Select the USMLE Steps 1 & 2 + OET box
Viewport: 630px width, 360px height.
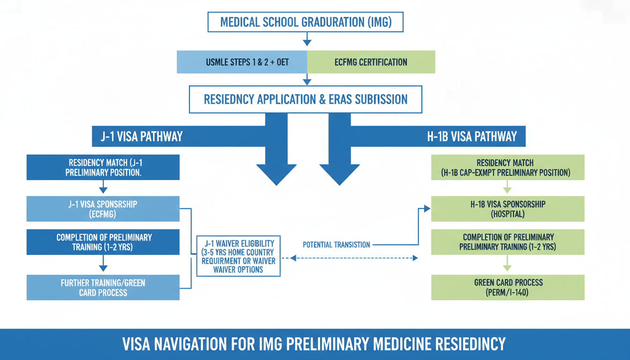coord(241,62)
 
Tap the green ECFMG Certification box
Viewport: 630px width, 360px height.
coord(371,62)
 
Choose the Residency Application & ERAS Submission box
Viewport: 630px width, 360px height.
coord(306,99)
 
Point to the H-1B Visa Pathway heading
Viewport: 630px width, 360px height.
coord(472,136)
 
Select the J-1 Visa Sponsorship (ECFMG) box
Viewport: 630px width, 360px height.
coord(103,209)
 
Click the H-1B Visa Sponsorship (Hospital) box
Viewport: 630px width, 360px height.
coord(508,209)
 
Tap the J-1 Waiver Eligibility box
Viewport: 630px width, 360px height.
coord(238,256)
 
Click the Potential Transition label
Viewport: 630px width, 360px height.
coord(336,245)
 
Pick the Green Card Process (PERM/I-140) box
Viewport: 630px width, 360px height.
coord(508,287)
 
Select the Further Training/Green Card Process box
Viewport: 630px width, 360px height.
coord(103,287)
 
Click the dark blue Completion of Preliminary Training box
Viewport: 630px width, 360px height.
coord(103,242)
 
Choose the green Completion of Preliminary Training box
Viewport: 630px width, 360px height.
coord(508,242)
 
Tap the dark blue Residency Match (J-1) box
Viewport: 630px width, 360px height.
coord(103,168)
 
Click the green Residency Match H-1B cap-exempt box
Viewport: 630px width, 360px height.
coord(508,168)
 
